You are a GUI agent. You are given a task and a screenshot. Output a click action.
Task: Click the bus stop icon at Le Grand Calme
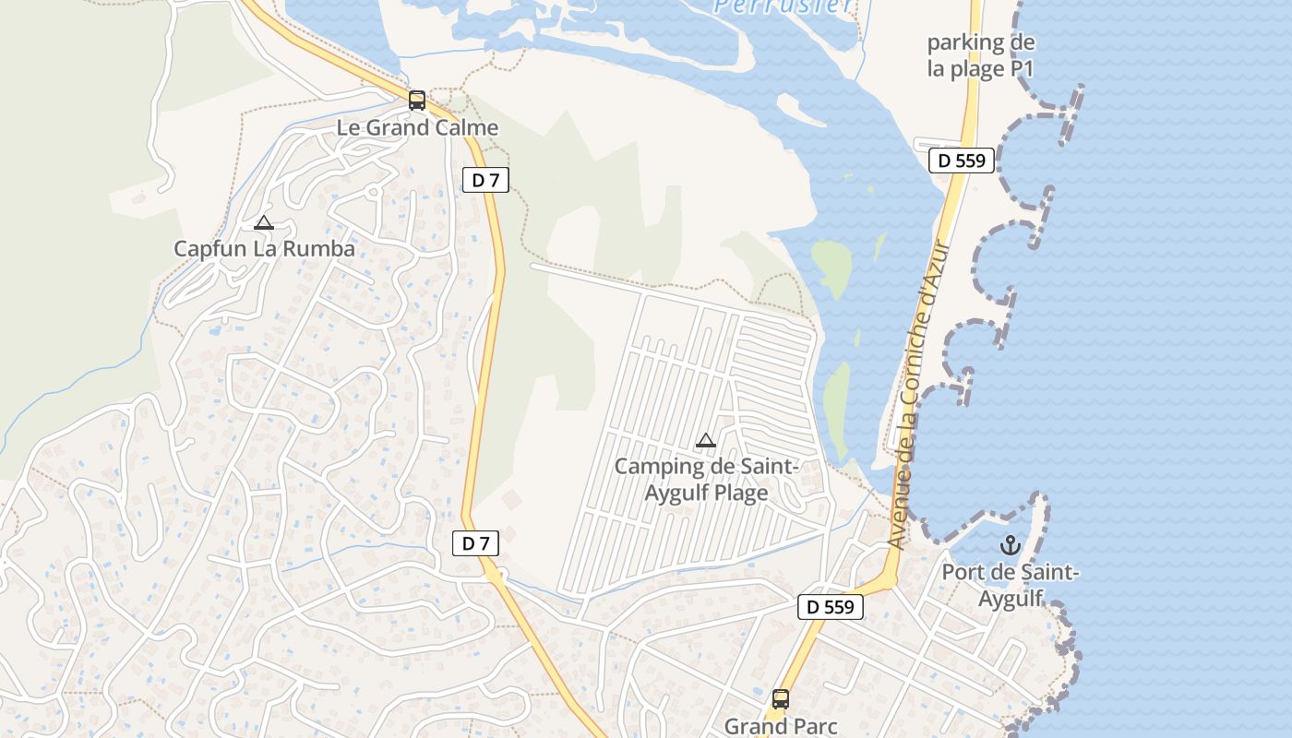pos(417,101)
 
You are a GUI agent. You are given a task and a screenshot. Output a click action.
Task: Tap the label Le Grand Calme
pos(417,128)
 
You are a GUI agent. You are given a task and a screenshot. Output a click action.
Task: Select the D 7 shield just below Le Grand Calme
pos(485,180)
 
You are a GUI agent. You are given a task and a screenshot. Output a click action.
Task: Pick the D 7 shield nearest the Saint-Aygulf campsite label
pos(475,543)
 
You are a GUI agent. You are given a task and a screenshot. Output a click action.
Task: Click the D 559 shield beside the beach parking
pos(962,161)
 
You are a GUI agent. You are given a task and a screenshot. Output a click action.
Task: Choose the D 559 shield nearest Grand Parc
pos(831,606)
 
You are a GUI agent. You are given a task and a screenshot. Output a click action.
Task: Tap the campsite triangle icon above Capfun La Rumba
pos(264,223)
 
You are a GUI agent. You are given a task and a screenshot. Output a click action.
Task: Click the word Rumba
pos(323,249)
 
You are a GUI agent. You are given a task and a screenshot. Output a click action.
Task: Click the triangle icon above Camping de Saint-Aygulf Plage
pos(706,440)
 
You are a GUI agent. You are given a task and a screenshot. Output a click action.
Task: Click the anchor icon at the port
pos(1010,545)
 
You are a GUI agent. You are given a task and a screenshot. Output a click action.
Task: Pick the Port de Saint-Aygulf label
pos(1010,585)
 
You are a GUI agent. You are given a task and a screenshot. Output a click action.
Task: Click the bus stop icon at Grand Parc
pos(781,699)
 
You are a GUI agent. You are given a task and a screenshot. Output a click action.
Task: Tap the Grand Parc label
pos(781,726)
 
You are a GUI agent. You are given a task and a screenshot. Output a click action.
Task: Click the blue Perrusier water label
pos(784,6)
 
